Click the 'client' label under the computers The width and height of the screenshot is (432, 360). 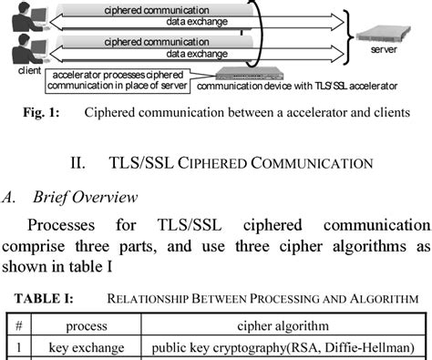[28, 68]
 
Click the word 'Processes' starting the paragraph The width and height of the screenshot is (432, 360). [63, 224]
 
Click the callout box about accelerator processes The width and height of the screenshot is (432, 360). [117, 82]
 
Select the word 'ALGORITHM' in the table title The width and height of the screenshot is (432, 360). [381, 299]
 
